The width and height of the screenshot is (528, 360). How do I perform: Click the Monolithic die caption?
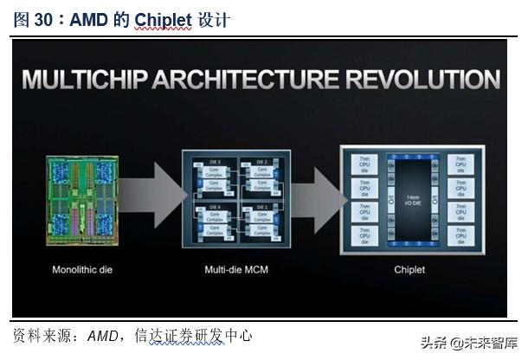click(x=82, y=269)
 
